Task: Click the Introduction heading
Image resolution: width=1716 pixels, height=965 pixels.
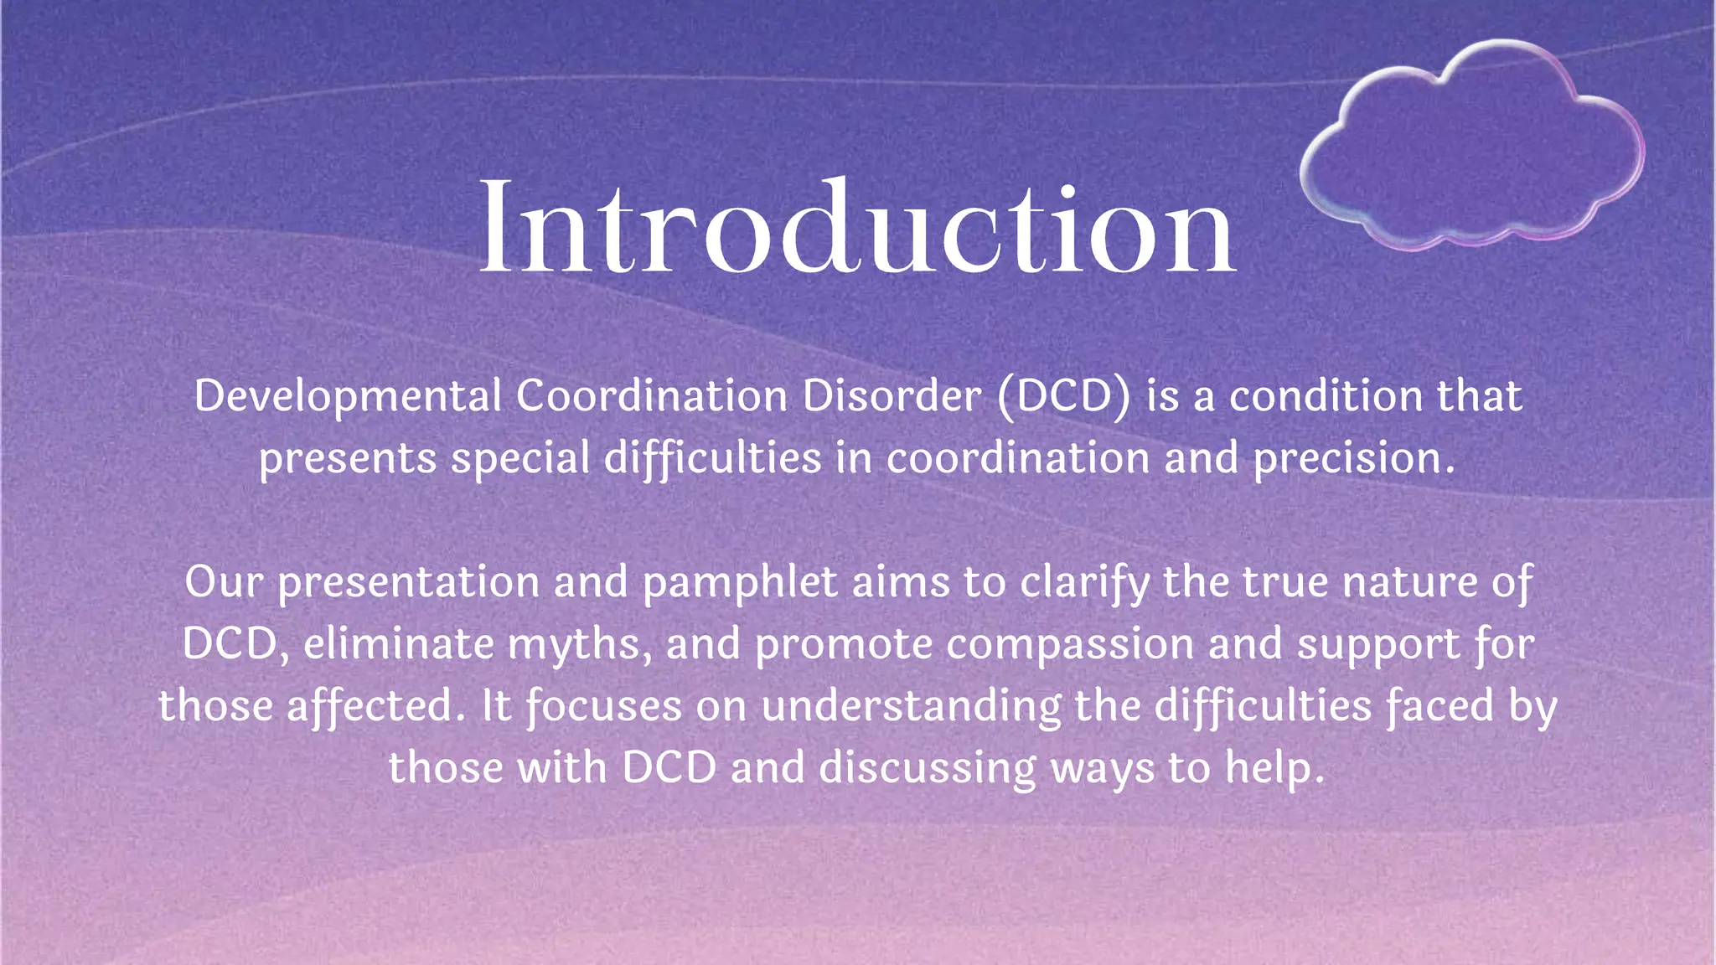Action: [x=856, y=228]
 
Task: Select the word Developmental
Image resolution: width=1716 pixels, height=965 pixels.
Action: [x=348, y=396]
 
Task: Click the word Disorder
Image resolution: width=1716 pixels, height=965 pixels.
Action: [x=892, y=396]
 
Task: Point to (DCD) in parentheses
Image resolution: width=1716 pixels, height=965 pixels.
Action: [x=1064, y=396]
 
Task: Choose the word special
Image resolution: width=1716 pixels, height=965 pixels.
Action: [x=520, y=458]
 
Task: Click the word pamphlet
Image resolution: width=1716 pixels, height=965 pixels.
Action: [x=740, y=582]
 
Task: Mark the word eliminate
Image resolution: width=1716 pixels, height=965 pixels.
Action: [x=399, y=644]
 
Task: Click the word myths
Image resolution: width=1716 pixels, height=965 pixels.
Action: [x=579, y=644]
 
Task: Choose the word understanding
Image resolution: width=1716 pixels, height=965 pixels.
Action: [x=911, y=706]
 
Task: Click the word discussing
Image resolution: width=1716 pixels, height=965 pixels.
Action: [x=928, y=768]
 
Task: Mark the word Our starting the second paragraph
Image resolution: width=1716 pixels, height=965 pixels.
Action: [x=224, y=582]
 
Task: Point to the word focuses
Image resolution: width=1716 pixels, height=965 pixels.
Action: [x=603, y=706]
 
